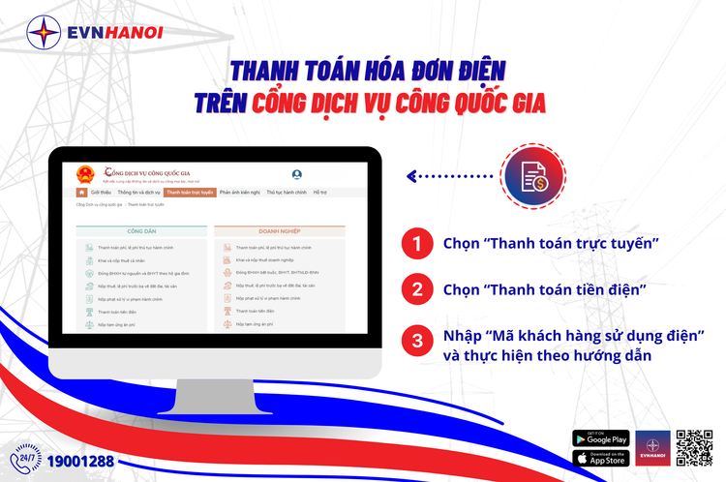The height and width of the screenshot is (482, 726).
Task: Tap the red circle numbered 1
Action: pyautogui.click(x=416, y=243)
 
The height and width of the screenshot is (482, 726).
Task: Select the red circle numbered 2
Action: pyautogui.click(x=416, y=289)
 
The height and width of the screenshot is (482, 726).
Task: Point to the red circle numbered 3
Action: pyautogui.click(x=416, y=341)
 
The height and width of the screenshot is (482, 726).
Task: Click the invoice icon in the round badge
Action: pyautogui.click(x=531, y=176)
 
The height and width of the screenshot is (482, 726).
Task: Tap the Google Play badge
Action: pyautogui.click(x=600, y=438)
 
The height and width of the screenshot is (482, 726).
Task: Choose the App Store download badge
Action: pyautogui.click(x=600, y=458)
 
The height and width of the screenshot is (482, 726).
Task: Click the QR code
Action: pyautogui.click(x=694, y=448)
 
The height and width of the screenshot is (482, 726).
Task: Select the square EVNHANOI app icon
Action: pyautogui.click(x=653, y=448)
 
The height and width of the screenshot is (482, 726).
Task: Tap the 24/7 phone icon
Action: pyautogui.click(x=26, y=459)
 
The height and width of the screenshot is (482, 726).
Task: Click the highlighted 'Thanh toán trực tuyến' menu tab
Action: pyautogui.click(x=190, y=193)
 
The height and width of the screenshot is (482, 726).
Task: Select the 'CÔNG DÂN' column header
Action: pyautogui.click(x=141, y=231)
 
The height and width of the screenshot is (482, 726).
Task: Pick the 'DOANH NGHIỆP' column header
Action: pyautogui.click(x=280, y=231)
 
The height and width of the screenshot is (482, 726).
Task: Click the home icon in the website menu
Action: pyautogui.click(x=81, y=193)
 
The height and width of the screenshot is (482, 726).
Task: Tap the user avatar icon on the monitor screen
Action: pyautogui.click(x=296, y=175)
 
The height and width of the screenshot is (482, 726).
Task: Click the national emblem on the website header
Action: pyautogui.click(x=86, y=175)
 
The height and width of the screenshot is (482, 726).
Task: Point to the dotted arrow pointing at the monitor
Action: pyautogui.click(x=450, y=176)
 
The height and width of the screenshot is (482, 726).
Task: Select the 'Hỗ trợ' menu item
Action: pyautogui.click(x=320, y=193)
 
